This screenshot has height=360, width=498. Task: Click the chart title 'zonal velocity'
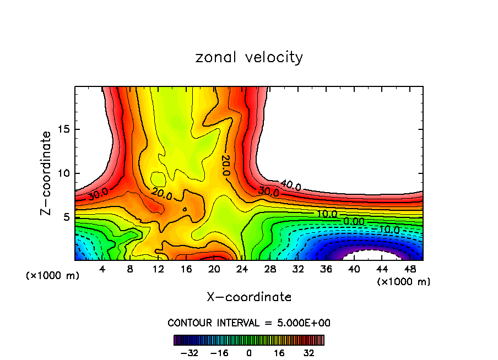pos(249,57)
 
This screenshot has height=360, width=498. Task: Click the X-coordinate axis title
pos(249,297)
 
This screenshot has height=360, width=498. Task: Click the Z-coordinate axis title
pos(47,173)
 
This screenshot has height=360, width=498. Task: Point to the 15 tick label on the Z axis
pos(63,130)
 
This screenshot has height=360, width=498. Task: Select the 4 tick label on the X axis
pos(102,269)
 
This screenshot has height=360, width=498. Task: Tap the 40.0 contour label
pos(290,186)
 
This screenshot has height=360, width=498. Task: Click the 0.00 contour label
pos(353,221)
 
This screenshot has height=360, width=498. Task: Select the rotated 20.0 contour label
pos(225,165)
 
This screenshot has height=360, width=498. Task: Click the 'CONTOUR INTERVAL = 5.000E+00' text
pos(249,323)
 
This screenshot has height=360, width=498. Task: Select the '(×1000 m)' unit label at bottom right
pos(404,282)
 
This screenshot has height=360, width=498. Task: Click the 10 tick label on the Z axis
pos(63,173)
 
